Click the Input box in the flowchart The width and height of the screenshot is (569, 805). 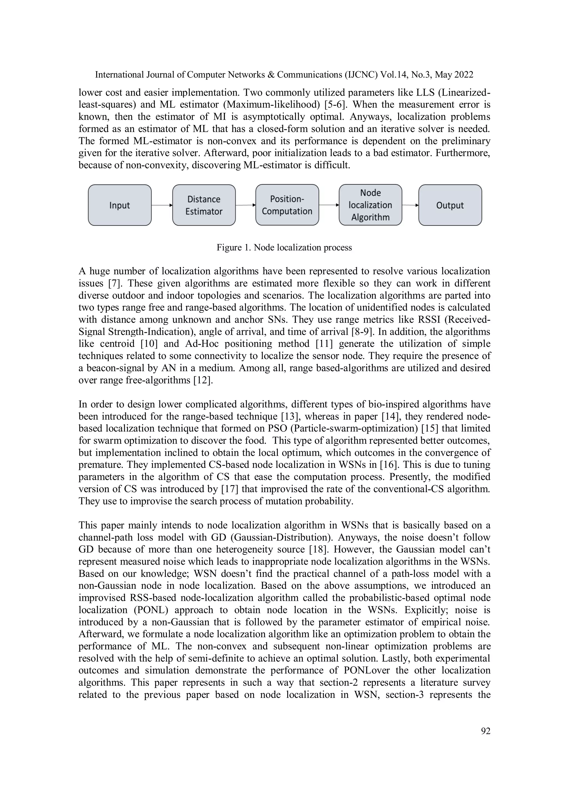(119, 205)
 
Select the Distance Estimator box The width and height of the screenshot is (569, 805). (204, 205)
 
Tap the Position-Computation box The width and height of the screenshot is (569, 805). (287, 205)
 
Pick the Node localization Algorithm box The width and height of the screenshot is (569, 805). (370, 205)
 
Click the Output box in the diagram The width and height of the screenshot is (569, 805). (450, 205)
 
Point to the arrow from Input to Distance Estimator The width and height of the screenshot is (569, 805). (162, 205)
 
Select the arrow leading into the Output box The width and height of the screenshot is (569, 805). (410, 205)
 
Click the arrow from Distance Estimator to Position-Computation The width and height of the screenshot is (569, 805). (245, 205)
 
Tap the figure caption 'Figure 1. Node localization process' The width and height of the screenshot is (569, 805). (284, 248)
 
